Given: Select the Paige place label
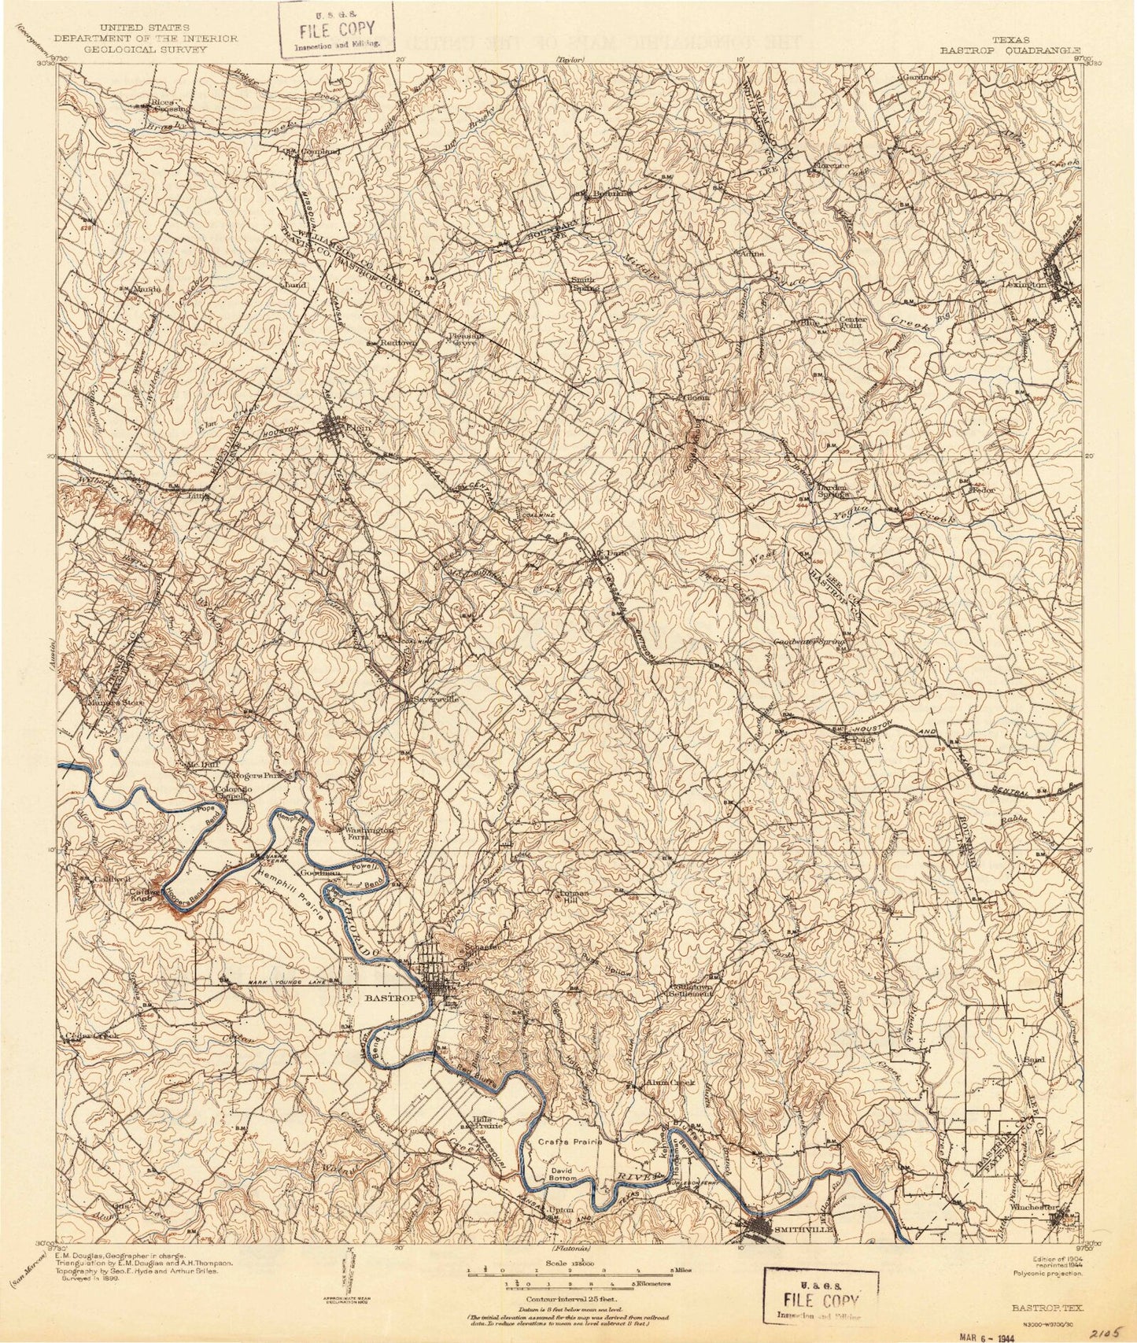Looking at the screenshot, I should coord(859,739).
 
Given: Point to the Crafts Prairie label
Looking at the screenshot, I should coord(570,1142).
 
